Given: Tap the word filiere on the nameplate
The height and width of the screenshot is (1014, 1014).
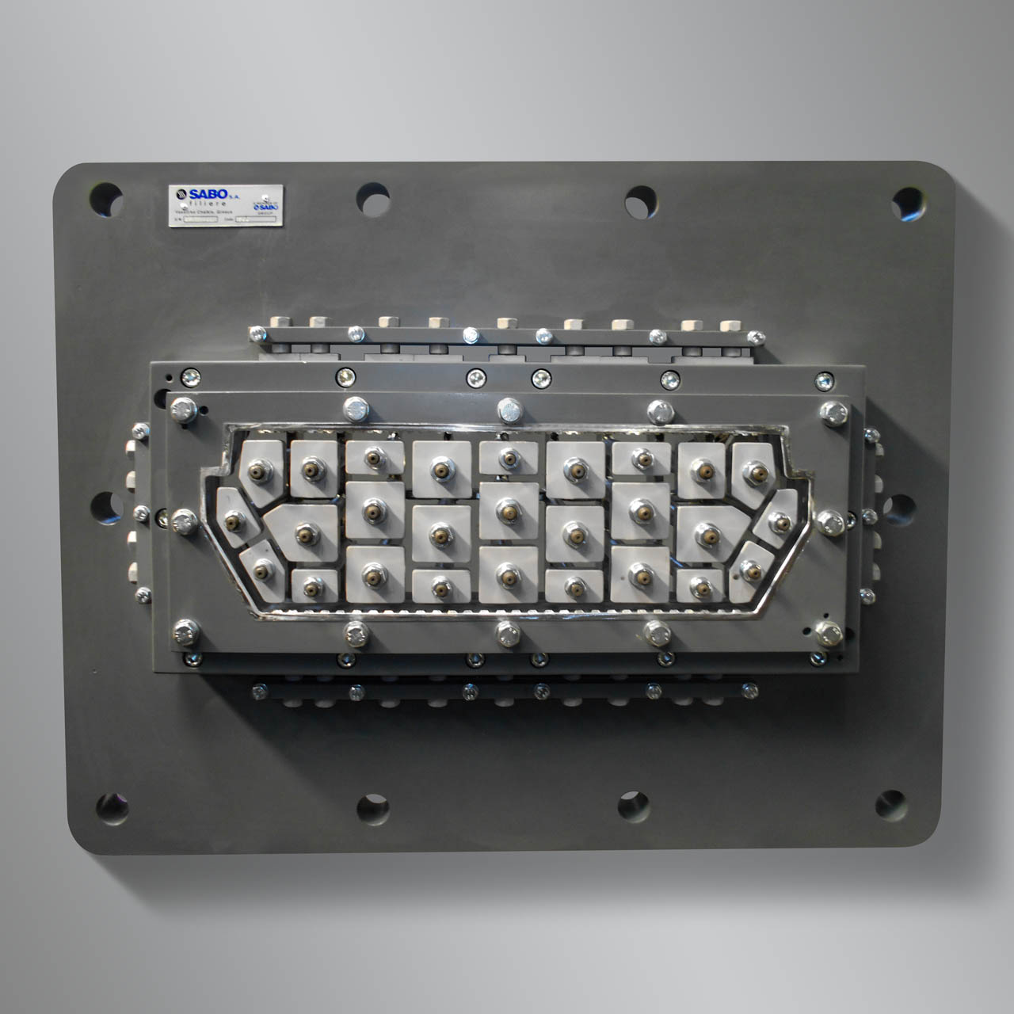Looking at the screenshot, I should click(x=208, y=204).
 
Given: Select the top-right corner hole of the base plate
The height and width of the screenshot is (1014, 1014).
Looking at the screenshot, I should click(x=908, y=203).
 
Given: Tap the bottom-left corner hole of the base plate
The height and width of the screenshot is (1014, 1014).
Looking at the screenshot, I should click(x=112, y=807).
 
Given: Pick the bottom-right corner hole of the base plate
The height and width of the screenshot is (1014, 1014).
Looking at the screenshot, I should click(x=890, y=805).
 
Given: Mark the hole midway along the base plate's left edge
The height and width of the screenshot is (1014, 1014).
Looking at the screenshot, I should click(x=106, y=508).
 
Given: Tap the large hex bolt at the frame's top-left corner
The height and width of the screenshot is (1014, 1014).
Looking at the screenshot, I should click(x=183, y=410).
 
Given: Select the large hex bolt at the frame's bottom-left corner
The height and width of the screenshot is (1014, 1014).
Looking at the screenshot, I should click(x=185, y=631).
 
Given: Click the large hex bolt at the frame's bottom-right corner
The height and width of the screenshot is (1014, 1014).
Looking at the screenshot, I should click(x=827, y=632).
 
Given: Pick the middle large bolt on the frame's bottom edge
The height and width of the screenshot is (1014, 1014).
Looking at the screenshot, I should click(x=507, y=632).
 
